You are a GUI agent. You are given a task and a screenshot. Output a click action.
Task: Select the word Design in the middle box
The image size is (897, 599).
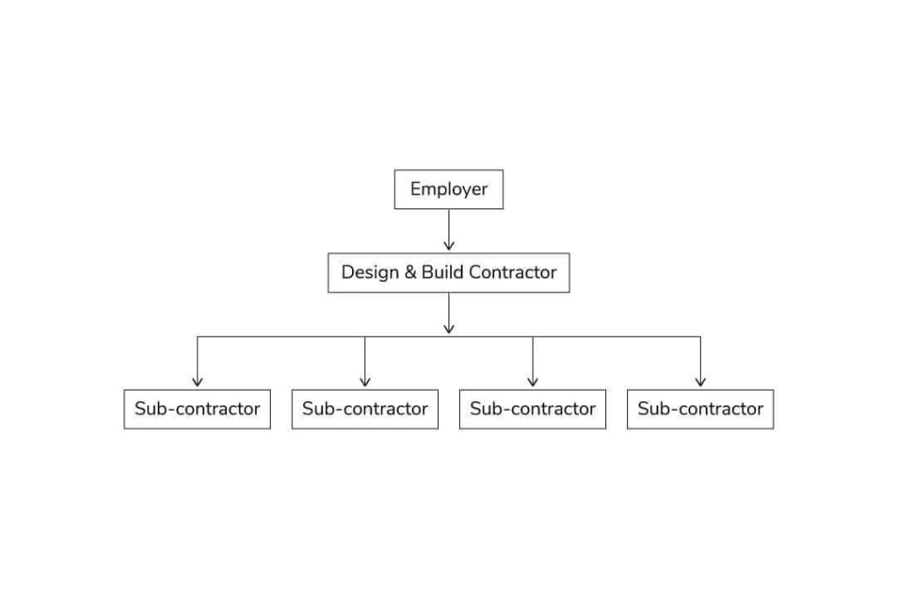tap(370, 272)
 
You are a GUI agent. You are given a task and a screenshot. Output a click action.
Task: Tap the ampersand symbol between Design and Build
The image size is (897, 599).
tap(410, 272)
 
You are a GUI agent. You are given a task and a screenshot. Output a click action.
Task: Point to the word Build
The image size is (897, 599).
tap(442, 271)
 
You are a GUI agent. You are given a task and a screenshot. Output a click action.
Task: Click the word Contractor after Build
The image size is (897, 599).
tap(512, 272)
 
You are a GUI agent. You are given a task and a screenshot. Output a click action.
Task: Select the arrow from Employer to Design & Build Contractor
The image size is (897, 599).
tap(449, 229)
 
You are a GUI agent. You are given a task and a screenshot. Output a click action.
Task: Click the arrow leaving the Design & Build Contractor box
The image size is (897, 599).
tap(449, 314)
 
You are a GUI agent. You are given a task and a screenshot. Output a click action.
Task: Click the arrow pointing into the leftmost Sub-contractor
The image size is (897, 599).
tap(197, 362)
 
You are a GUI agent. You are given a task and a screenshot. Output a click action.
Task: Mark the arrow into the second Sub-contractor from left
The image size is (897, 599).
tap(365, 362)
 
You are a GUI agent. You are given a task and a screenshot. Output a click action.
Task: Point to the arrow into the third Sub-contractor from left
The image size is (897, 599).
tap(533, 362)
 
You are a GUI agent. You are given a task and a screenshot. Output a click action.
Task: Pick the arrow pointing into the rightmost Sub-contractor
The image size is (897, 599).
tap(700, 362)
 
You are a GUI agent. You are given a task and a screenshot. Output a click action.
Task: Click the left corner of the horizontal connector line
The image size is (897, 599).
tap(197, 336)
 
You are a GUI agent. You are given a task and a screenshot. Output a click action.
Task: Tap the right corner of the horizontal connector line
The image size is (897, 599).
tap(700, 336)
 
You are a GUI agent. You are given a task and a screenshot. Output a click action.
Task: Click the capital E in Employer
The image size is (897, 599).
tap(415, 189)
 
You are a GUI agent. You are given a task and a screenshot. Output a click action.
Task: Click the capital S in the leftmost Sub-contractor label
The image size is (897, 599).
tap(139, 408)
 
